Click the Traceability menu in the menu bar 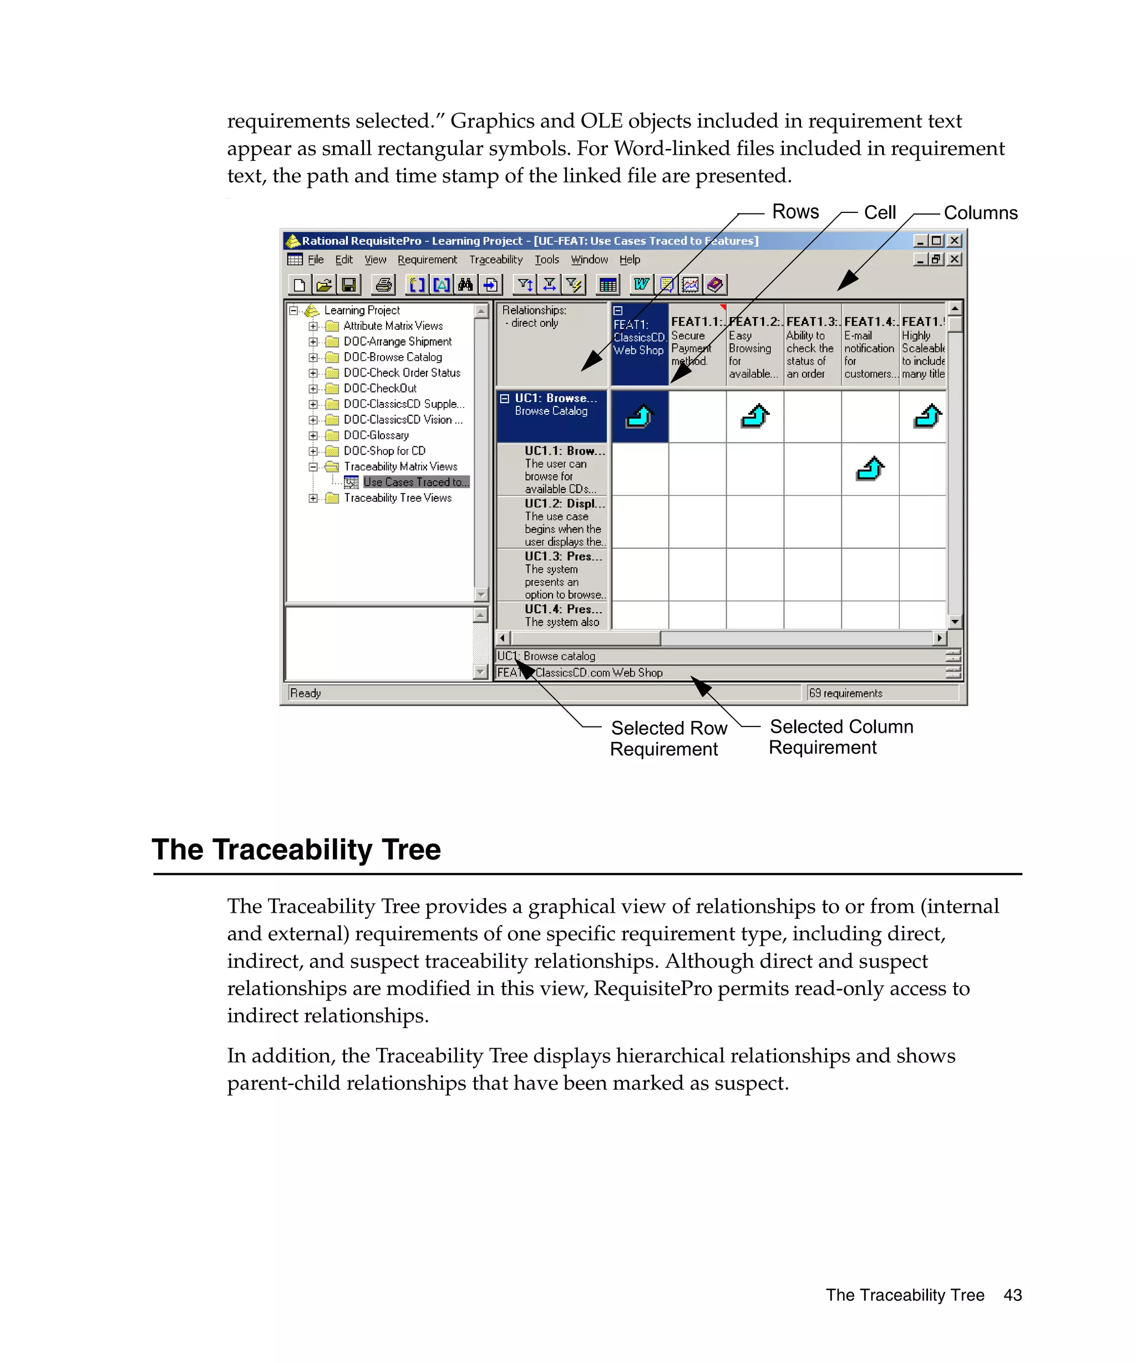pos(496,260)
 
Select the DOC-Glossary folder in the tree pos(376,435)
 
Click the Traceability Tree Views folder pos(397,498)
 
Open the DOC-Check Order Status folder pos(401,373)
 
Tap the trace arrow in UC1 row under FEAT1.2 pos(755,416)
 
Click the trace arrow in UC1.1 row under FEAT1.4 pos(870,468)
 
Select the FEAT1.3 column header pos(812,347)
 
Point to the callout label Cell pos(880,213)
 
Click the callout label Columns pos(980,213)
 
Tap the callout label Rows pos(795,212)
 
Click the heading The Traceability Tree pos(296,850)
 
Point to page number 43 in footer pos(1012,1295)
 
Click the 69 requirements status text pos(845,693)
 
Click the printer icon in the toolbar pos(384,284)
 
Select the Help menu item pos(629,260)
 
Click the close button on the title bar pos(954,241)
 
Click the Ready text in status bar pos(306,693)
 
